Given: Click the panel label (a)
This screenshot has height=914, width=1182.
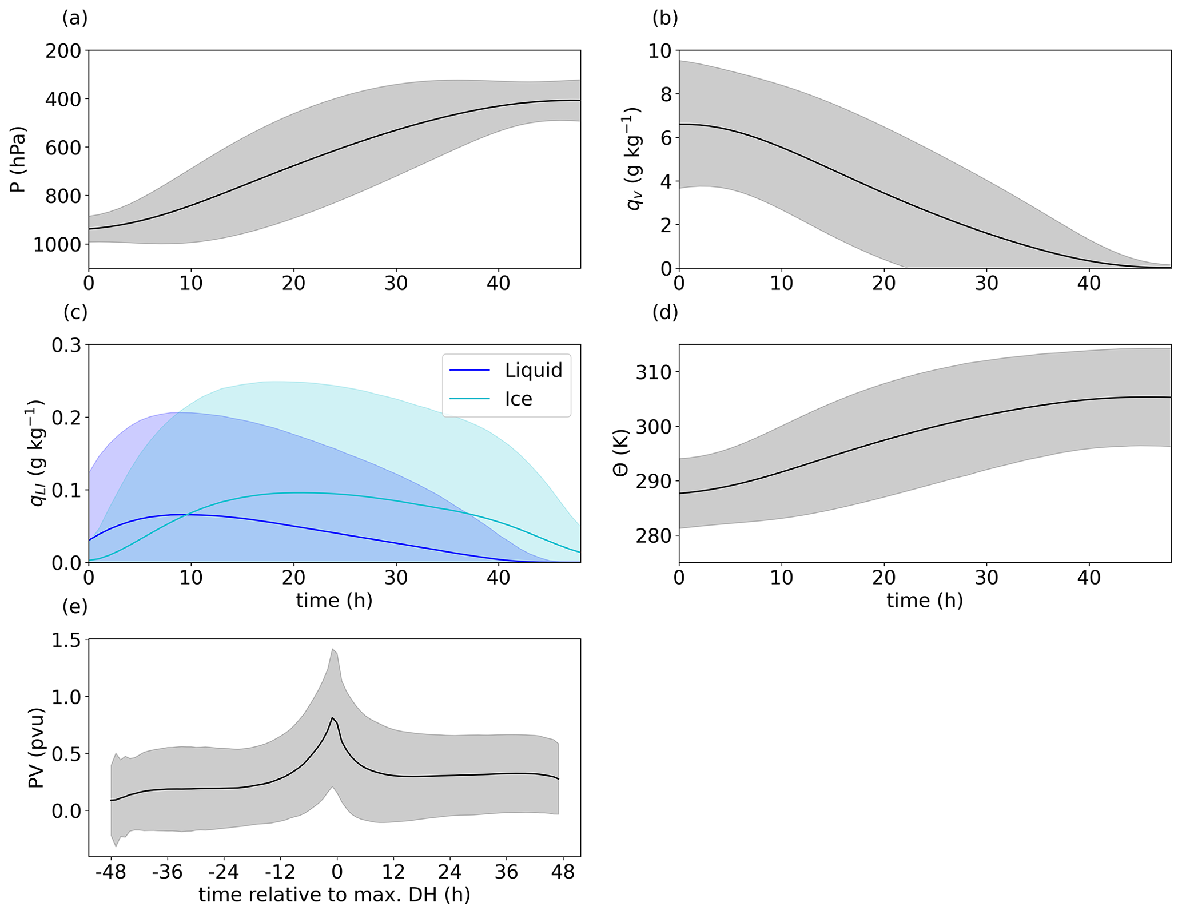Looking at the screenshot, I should pyautogui.click(x=75, y=18).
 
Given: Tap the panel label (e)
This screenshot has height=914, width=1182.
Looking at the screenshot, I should pyautogui.click(x=75, y=606).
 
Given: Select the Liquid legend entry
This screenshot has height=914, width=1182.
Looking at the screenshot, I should pyautogui.click(x=533, y=370).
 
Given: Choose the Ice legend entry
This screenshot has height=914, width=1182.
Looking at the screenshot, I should pyautogui.click(x=518, y=399).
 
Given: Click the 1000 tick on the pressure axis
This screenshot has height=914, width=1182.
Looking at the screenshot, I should pyautogui.click(x=56, y=244).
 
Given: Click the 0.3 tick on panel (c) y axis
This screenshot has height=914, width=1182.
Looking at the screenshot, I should pyautogui.click(x=67, y=345).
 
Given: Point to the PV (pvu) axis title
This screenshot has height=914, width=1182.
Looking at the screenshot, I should pyautogui.click(x=37, y=748).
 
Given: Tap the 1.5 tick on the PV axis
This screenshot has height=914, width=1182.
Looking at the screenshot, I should pyautogui.click(x=67, y=640).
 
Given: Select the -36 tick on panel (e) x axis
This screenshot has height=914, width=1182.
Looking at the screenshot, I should pyautogui.click(x=166, y=873).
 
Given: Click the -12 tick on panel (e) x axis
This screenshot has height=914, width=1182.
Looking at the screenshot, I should pyautogui.click(x=280, y=873).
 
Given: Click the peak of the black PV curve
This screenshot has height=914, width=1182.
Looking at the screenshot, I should pyautogui.click(x=332, y=717).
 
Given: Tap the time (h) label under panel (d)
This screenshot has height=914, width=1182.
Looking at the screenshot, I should pyautogui.click(x=925, y=601).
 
